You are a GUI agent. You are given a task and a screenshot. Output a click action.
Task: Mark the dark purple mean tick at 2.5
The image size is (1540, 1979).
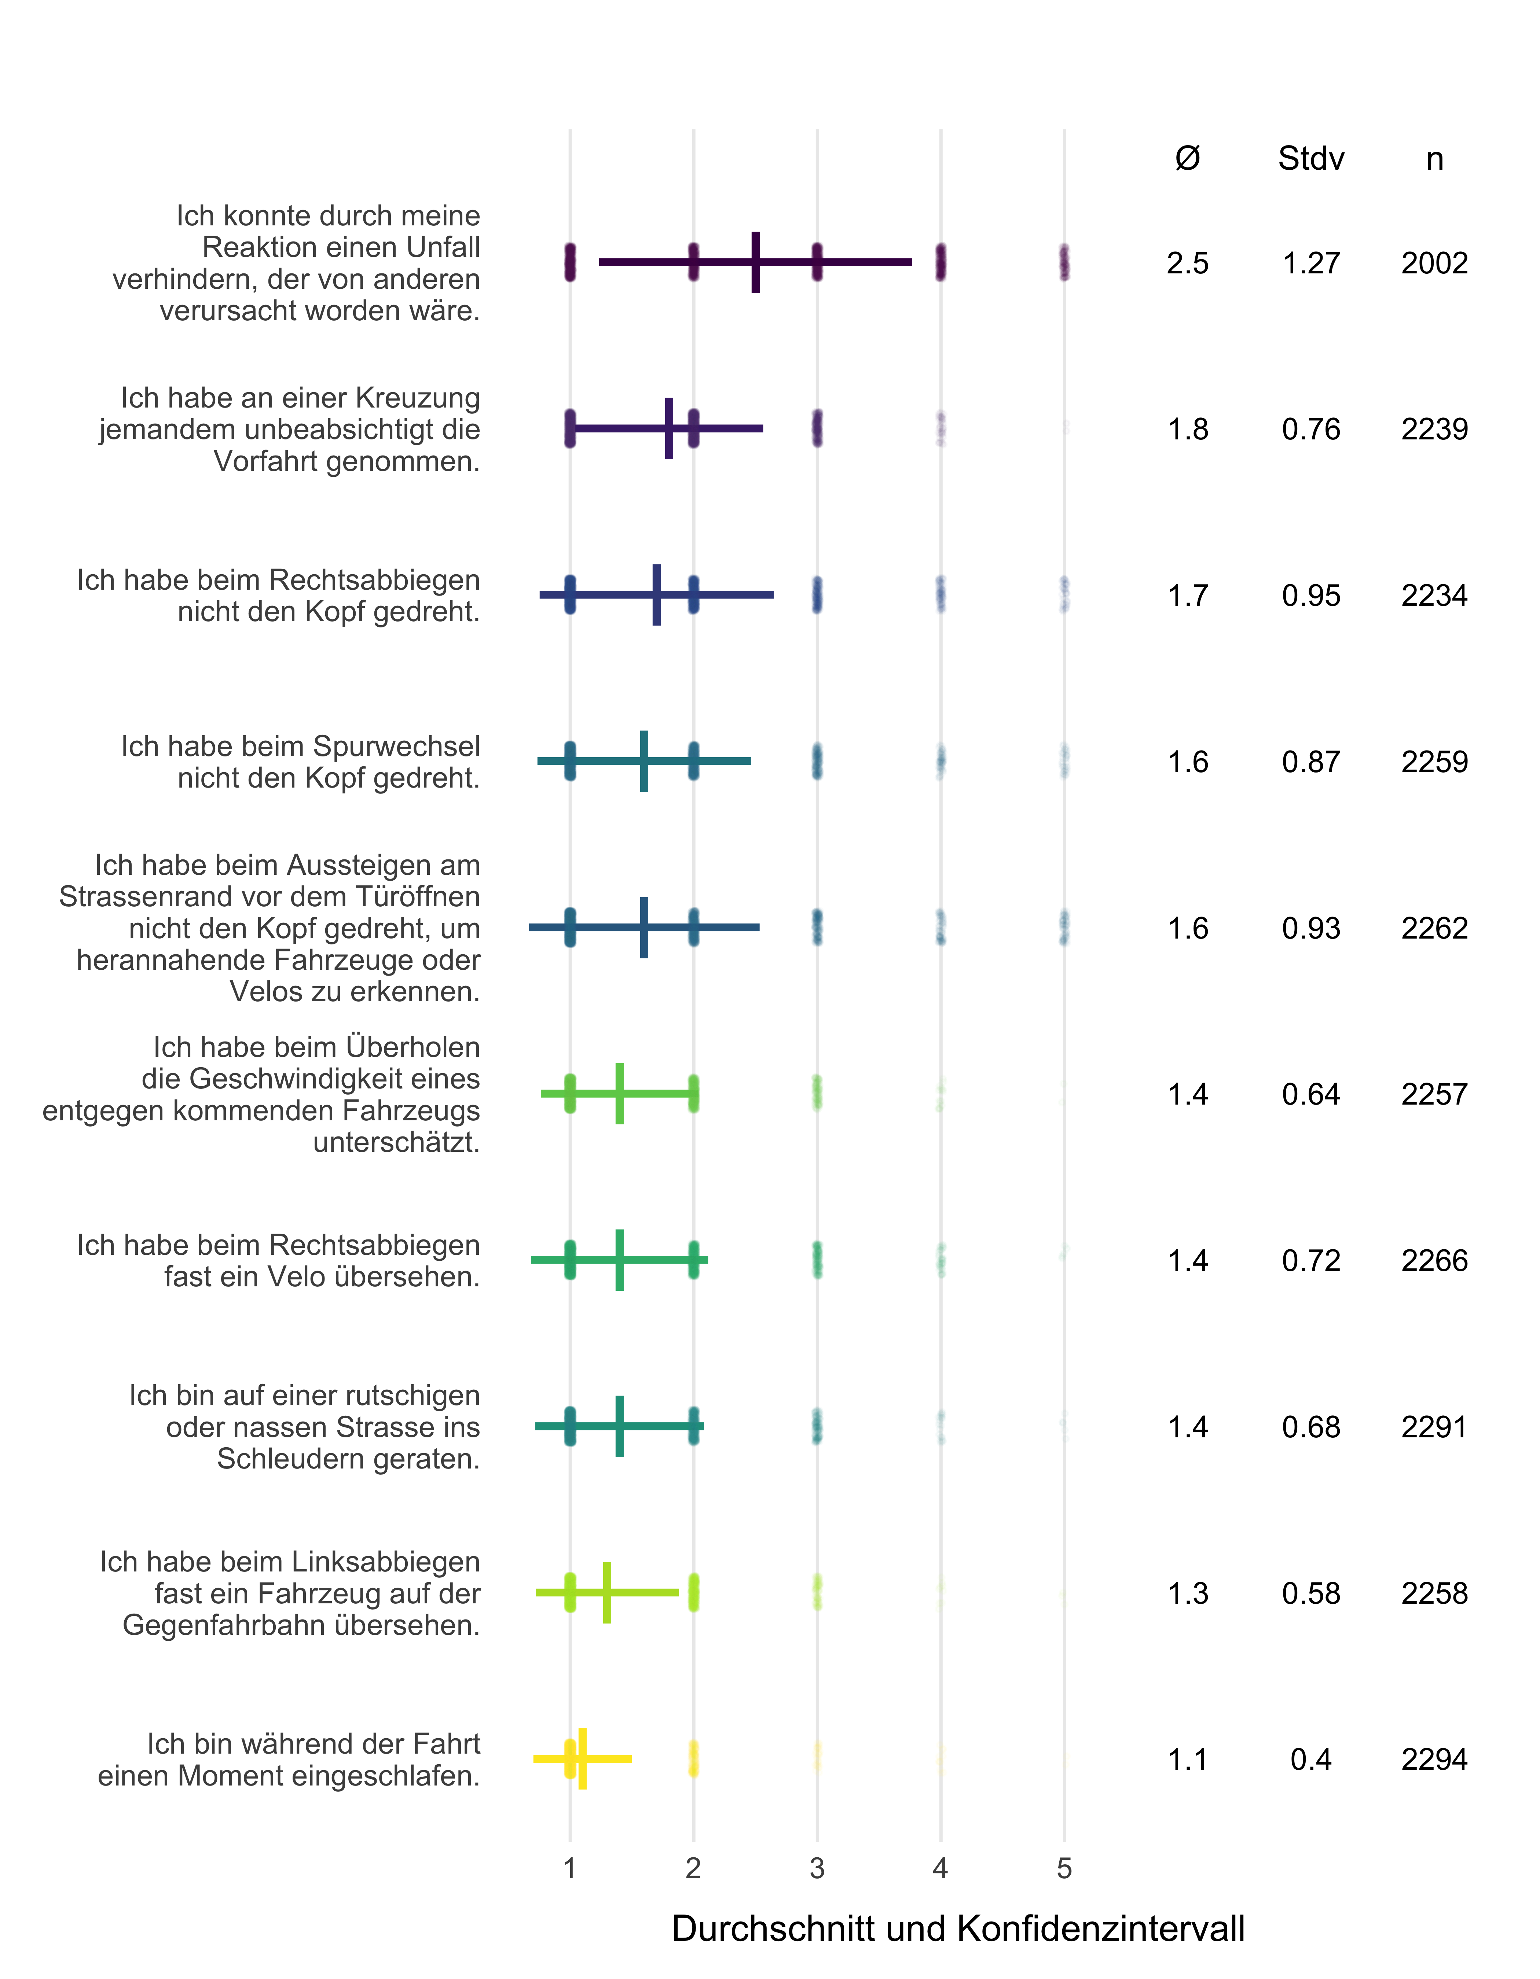(755, 263)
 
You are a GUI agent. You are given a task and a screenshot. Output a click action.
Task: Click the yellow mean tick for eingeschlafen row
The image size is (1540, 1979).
(582, 1759)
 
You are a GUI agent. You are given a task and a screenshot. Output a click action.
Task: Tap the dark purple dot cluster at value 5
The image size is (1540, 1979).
(1064, 263)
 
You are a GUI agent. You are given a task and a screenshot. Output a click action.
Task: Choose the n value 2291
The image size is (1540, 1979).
(1434, 1427)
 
